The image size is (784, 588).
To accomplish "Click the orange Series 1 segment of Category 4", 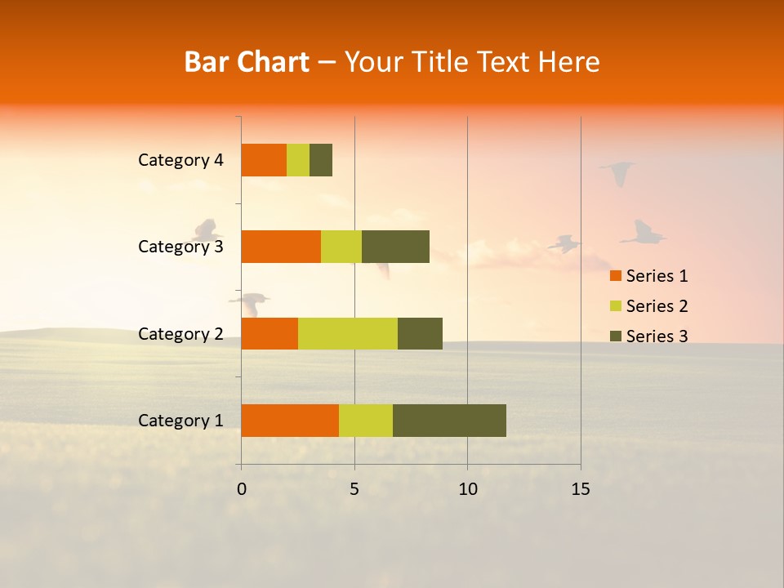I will pos(264,160).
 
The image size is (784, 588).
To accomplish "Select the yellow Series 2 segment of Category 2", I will pos(348,333).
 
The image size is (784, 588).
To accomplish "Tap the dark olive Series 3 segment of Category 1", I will pos(449,421).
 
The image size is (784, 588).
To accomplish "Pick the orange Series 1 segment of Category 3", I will pos(281,247).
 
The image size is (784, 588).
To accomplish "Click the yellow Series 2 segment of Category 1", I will pos(366,421).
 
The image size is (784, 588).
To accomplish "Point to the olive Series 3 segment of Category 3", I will pos(395,247).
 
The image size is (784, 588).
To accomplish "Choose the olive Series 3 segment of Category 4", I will pos(321,160).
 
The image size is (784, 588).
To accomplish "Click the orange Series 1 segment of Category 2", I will pos(269,333).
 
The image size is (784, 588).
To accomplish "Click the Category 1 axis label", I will pos(180,421).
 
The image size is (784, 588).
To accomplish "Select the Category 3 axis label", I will pos(180,247).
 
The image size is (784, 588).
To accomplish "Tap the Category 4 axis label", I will pos(180,160).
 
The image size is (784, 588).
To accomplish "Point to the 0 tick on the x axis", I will pos(242,489).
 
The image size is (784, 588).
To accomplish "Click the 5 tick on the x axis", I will pos(354,489).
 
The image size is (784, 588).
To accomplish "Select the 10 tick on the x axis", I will pos(467,489).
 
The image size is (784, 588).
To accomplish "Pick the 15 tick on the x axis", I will pos(580,489).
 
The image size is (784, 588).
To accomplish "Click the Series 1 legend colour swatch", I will pos(616,276).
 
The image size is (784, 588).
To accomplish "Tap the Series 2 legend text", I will pos(657,306).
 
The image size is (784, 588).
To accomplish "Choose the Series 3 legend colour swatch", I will pos(616,336).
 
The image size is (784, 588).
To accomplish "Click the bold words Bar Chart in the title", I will pos(247,62).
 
